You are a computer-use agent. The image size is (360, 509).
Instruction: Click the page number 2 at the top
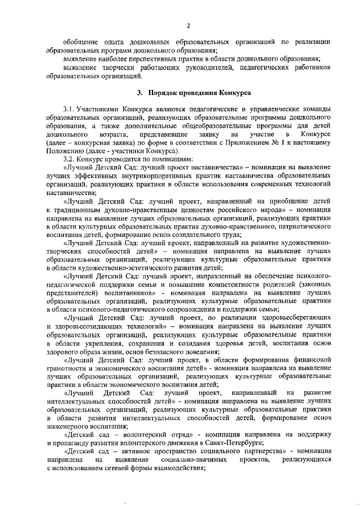189,25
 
